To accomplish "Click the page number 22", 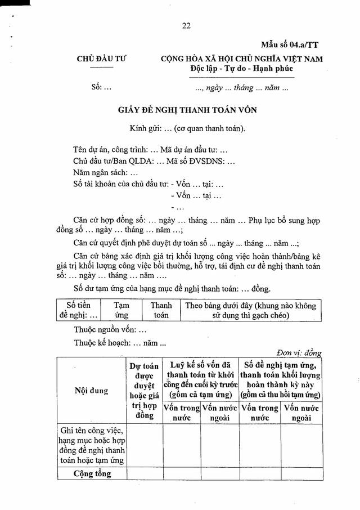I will pos(187,25).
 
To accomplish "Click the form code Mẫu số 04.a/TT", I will pos(290,44).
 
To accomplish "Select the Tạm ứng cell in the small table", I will pos(121,310).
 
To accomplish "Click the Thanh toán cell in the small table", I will pos(161,310).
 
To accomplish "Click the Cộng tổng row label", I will pos(93,473).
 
